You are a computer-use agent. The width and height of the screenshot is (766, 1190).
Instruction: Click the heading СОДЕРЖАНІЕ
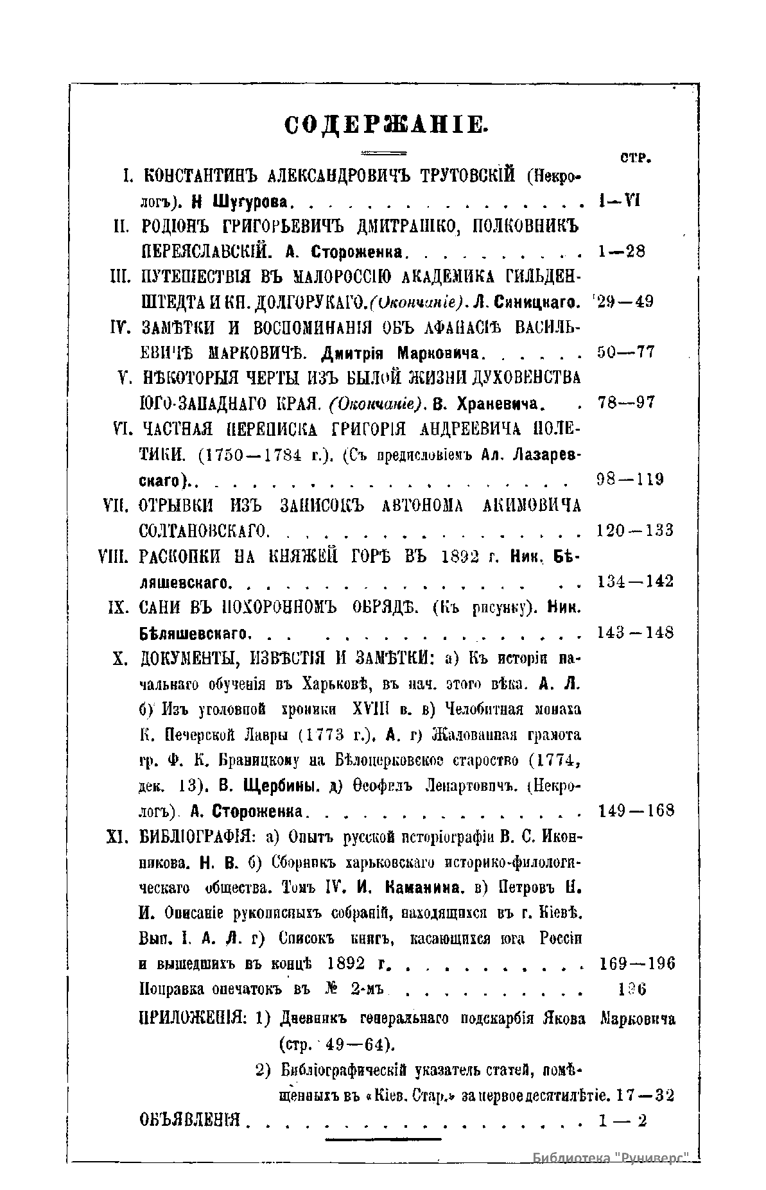(x=387, y=123)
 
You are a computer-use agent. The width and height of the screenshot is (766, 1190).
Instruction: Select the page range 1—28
(x=621, y=251)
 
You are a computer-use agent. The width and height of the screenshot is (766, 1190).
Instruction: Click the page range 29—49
(x=625, y=301)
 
